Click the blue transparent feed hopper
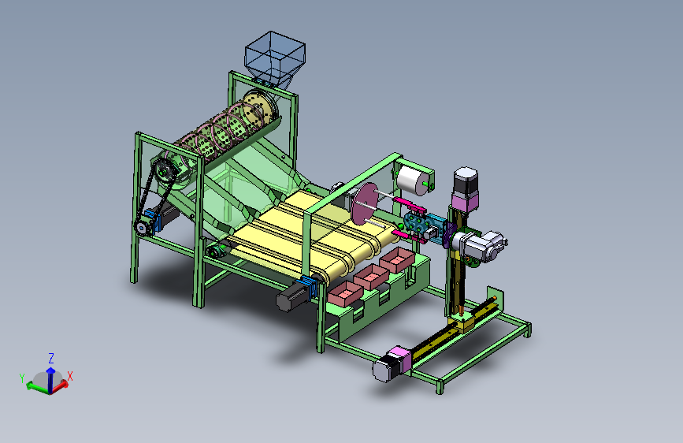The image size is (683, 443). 274,57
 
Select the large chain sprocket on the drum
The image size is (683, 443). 165,173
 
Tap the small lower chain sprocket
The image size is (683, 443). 141,227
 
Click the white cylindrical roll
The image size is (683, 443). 413,180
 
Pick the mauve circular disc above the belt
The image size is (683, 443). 365,203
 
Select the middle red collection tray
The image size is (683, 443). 371,277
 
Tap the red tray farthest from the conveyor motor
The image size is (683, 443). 397,260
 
